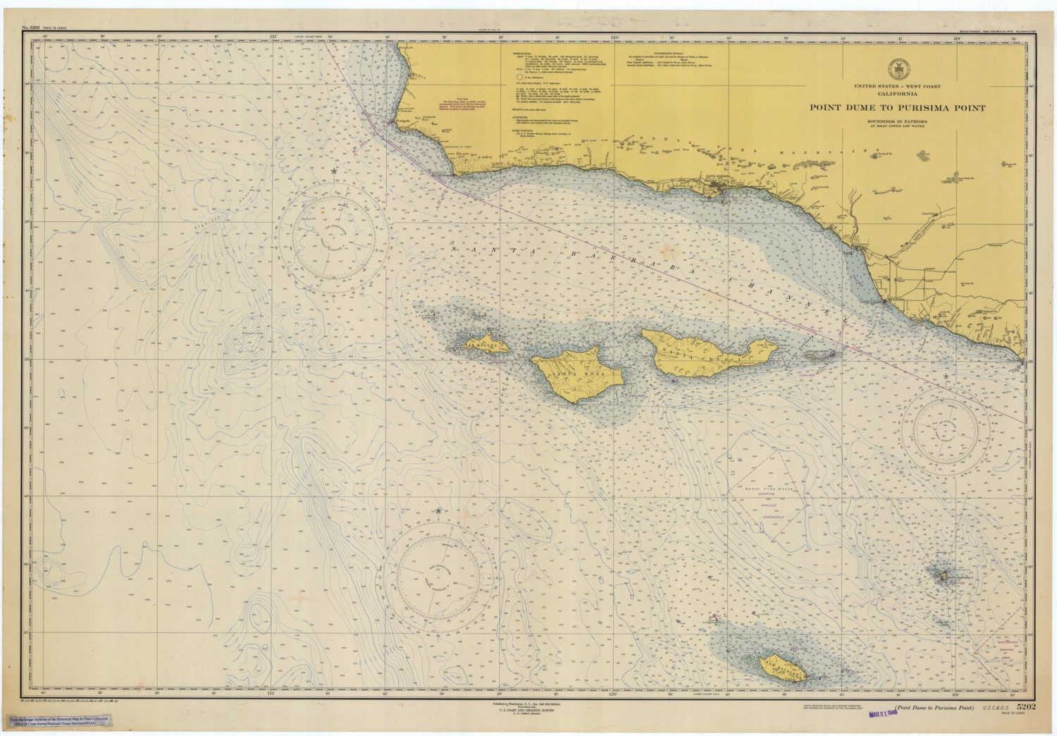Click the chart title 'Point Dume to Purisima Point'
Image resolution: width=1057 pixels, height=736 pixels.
tap(896, 108)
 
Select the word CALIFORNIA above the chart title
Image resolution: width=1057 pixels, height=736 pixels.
tap(896, 93)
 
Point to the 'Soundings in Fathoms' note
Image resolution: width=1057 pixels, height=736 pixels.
tap(896, 121)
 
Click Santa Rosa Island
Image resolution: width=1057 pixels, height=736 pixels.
tap(576, 374)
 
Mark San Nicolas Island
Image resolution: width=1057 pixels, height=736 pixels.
tap(782, 666)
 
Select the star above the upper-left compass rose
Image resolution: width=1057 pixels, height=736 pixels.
tap(334, 171)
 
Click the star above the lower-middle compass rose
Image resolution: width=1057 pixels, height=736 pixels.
tap(438, 510)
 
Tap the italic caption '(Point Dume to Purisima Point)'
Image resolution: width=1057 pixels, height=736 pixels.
tap(934, 707)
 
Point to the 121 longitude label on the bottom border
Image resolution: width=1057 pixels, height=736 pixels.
tap(271, 692)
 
